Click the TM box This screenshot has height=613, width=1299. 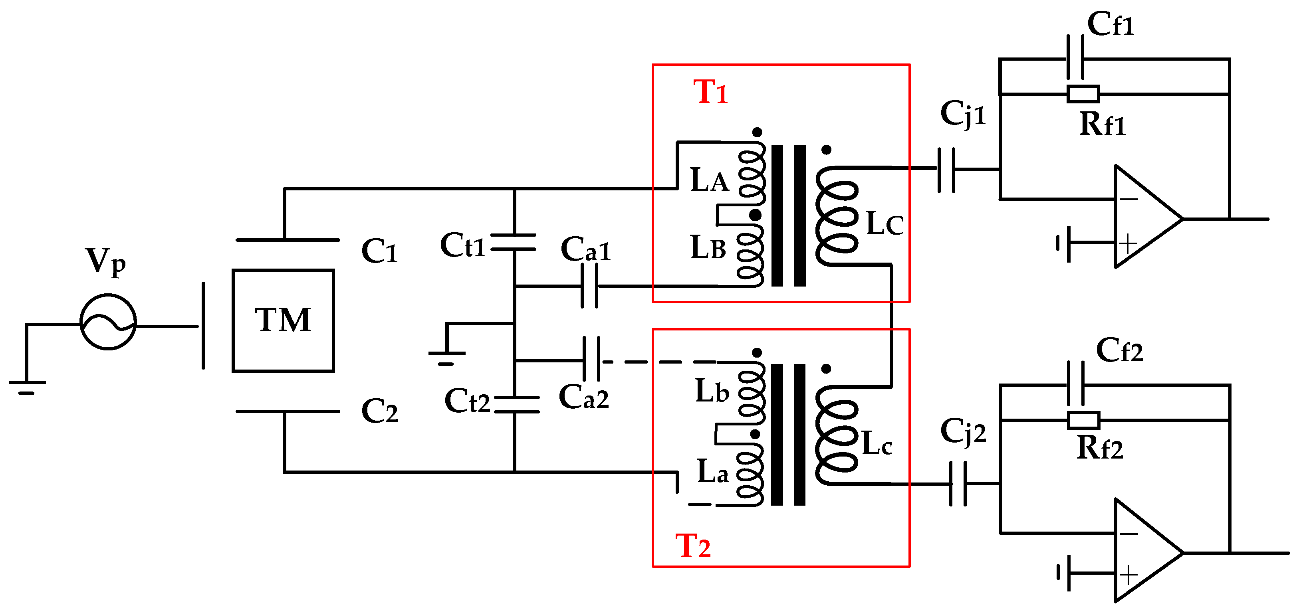(283, 320)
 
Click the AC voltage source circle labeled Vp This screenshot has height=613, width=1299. (108, 321)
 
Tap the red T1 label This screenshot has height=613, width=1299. (710, 93)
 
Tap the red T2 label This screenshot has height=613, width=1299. (693, 546)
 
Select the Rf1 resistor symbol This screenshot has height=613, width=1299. (1083, 94)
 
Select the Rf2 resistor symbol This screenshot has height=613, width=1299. (1083, 420)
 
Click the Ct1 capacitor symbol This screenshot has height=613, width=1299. (514, 242)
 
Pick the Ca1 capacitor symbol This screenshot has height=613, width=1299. (589, 286)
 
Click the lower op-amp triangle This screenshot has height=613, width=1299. (1142, 551)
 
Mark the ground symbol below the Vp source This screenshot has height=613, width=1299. (27, 387)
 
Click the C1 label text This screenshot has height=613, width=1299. (379, 251)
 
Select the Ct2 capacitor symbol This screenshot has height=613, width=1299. (516, 404)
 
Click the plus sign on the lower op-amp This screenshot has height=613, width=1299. (1128, 575)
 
